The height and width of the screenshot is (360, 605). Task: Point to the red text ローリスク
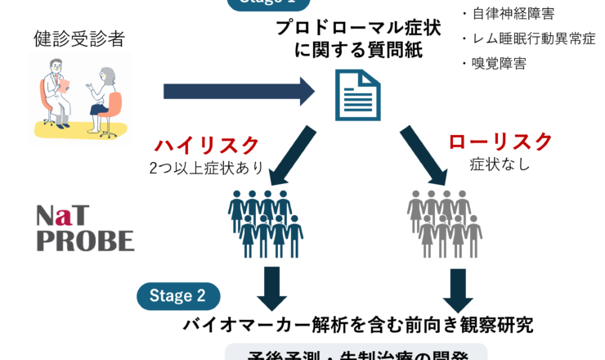coord(500,142)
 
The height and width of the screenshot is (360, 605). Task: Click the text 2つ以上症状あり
coord(206,169)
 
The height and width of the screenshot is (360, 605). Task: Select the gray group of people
coord(445,223)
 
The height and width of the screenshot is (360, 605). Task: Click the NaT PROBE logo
coord(84,228)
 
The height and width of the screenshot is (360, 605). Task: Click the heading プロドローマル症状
coord(357,27)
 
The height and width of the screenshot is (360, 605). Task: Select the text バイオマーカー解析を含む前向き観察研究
coord(357,324)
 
